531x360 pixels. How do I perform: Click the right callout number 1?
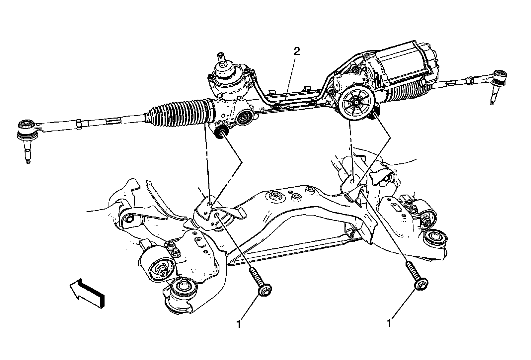[389, 323]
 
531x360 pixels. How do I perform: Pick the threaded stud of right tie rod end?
[493, 98]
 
